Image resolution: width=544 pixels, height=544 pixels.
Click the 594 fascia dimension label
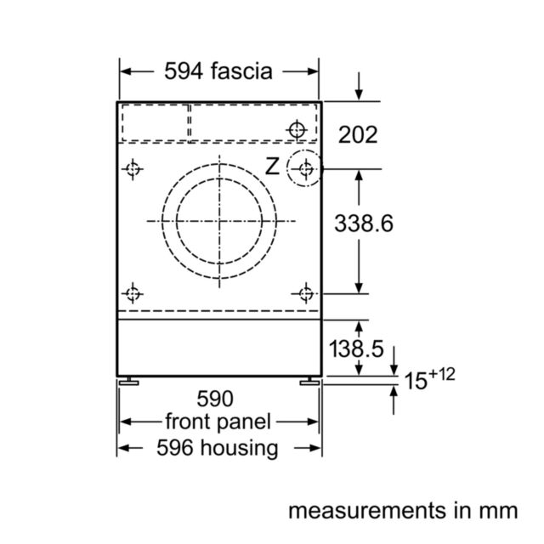tap(218, 71)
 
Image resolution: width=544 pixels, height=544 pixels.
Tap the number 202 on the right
tap(358, 134)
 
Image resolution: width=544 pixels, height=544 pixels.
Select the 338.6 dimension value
tap(364, 223)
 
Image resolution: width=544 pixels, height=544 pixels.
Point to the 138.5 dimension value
tap(356, 348)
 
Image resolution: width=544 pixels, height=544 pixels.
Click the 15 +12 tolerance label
tap(429, 379)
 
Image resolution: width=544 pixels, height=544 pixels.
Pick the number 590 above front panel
tap(215, 399)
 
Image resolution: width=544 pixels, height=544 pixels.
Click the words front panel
tap(218, 422)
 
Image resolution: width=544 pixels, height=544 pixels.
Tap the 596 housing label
tap(218, 448)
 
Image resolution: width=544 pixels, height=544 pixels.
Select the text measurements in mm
tap(403, 511)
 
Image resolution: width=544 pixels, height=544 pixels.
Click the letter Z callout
tap(272, 167)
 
